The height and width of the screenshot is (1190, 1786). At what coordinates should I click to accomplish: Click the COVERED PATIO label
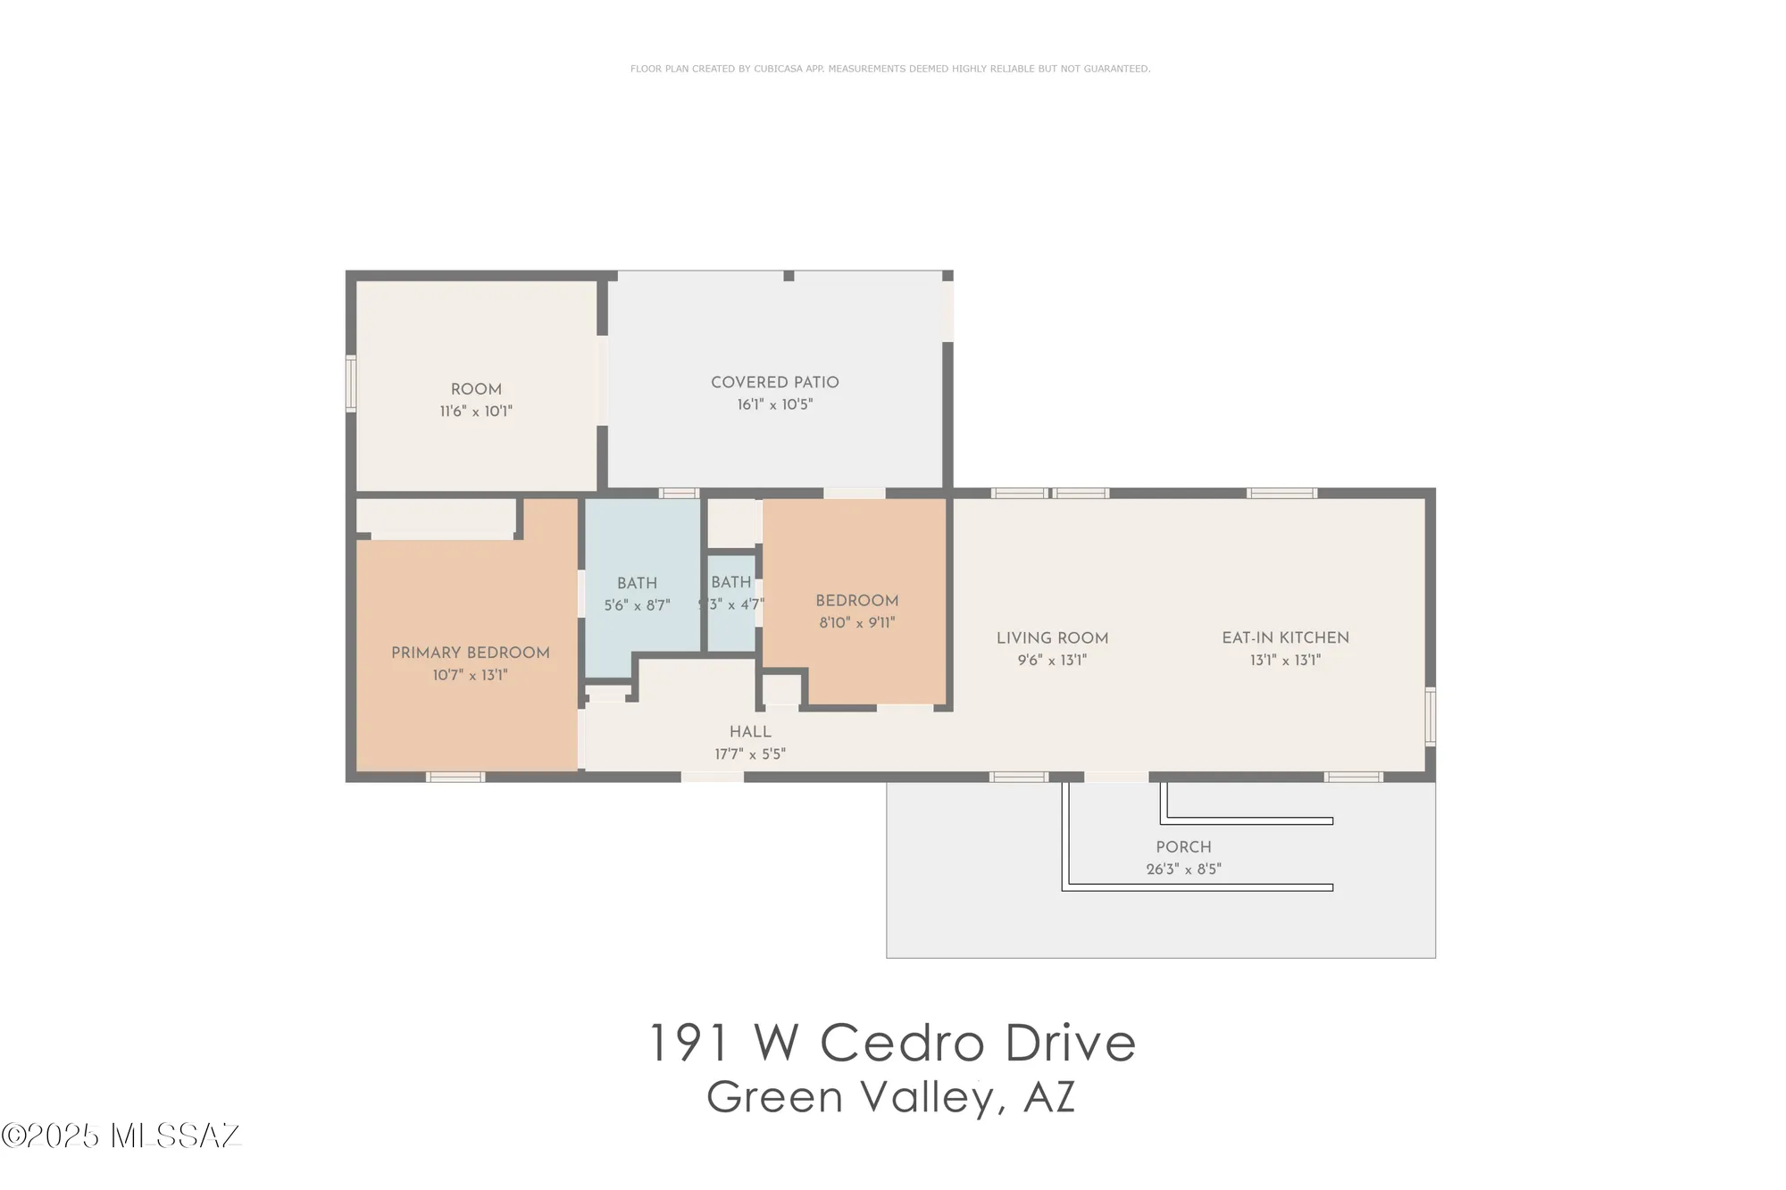pos(774,382)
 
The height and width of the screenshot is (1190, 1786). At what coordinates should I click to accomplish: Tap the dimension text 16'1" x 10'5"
pos(774,404)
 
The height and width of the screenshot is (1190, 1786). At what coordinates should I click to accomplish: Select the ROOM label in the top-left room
pos(476,389)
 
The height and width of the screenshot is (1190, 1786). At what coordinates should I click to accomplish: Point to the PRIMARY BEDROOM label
pos(470,653)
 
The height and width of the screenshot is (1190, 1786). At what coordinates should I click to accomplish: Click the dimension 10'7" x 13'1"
pos(470,675)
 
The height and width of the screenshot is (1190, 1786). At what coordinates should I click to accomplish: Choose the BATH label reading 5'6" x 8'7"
pos(637,583)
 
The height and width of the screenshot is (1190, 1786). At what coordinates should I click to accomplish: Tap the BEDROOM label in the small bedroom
pos(856,601)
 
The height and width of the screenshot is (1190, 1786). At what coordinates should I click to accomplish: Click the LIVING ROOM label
pos(1052,638)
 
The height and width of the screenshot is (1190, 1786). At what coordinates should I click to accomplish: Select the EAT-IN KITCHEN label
pos(1285,637)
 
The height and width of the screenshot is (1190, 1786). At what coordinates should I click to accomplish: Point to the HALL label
pos(750,731)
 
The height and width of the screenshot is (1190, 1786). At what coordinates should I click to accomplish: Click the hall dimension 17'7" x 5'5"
pos(750,754)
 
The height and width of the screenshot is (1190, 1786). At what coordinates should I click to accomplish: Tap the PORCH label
pos(1183,847)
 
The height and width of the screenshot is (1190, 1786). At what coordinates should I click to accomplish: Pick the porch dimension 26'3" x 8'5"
pos(1183,869)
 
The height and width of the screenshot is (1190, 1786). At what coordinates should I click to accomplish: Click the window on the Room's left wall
pos(351,384)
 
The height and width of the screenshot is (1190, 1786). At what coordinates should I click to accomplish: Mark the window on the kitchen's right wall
pos(1430,716)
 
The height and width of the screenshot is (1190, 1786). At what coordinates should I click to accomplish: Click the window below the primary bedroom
pos(455,777)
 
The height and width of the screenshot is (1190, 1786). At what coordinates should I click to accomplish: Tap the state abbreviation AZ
pos(1049,1097)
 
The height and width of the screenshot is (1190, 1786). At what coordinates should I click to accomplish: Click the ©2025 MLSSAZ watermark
pos(121,1136)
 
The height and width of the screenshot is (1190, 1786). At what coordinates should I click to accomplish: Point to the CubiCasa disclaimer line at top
pos(889,69)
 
